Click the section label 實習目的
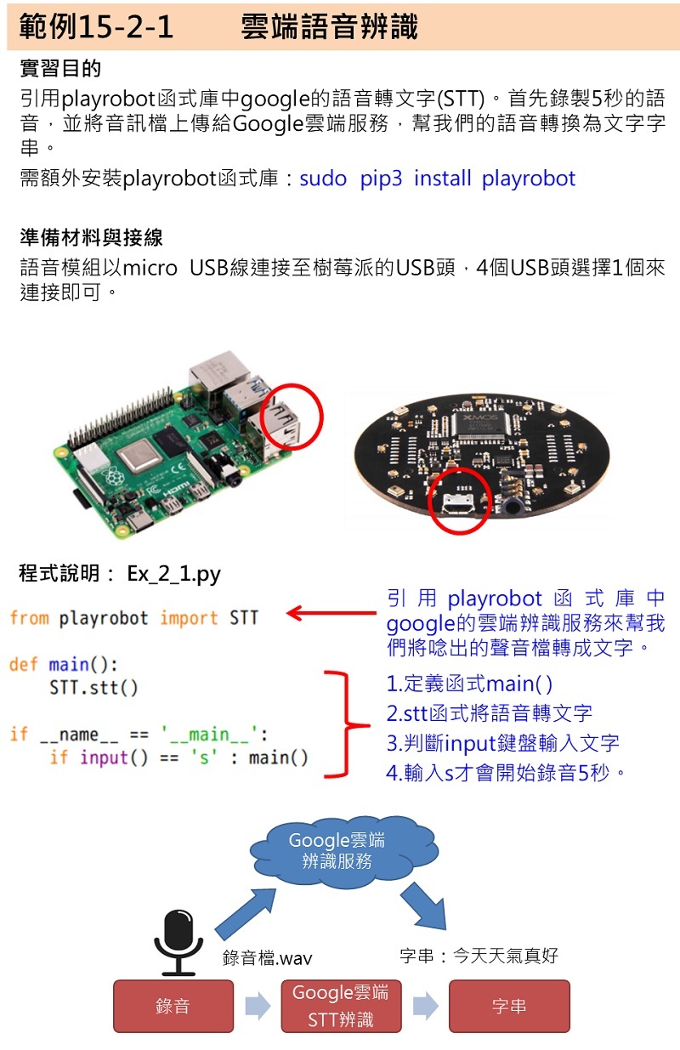59,68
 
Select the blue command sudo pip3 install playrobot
437,179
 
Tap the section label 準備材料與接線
91,236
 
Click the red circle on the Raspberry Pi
292,417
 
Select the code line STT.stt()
93,687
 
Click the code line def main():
64,664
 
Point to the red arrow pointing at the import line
331,613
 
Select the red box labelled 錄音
173,1006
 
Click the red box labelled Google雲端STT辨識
340,1006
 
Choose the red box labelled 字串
509,1006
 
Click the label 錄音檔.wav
267,958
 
